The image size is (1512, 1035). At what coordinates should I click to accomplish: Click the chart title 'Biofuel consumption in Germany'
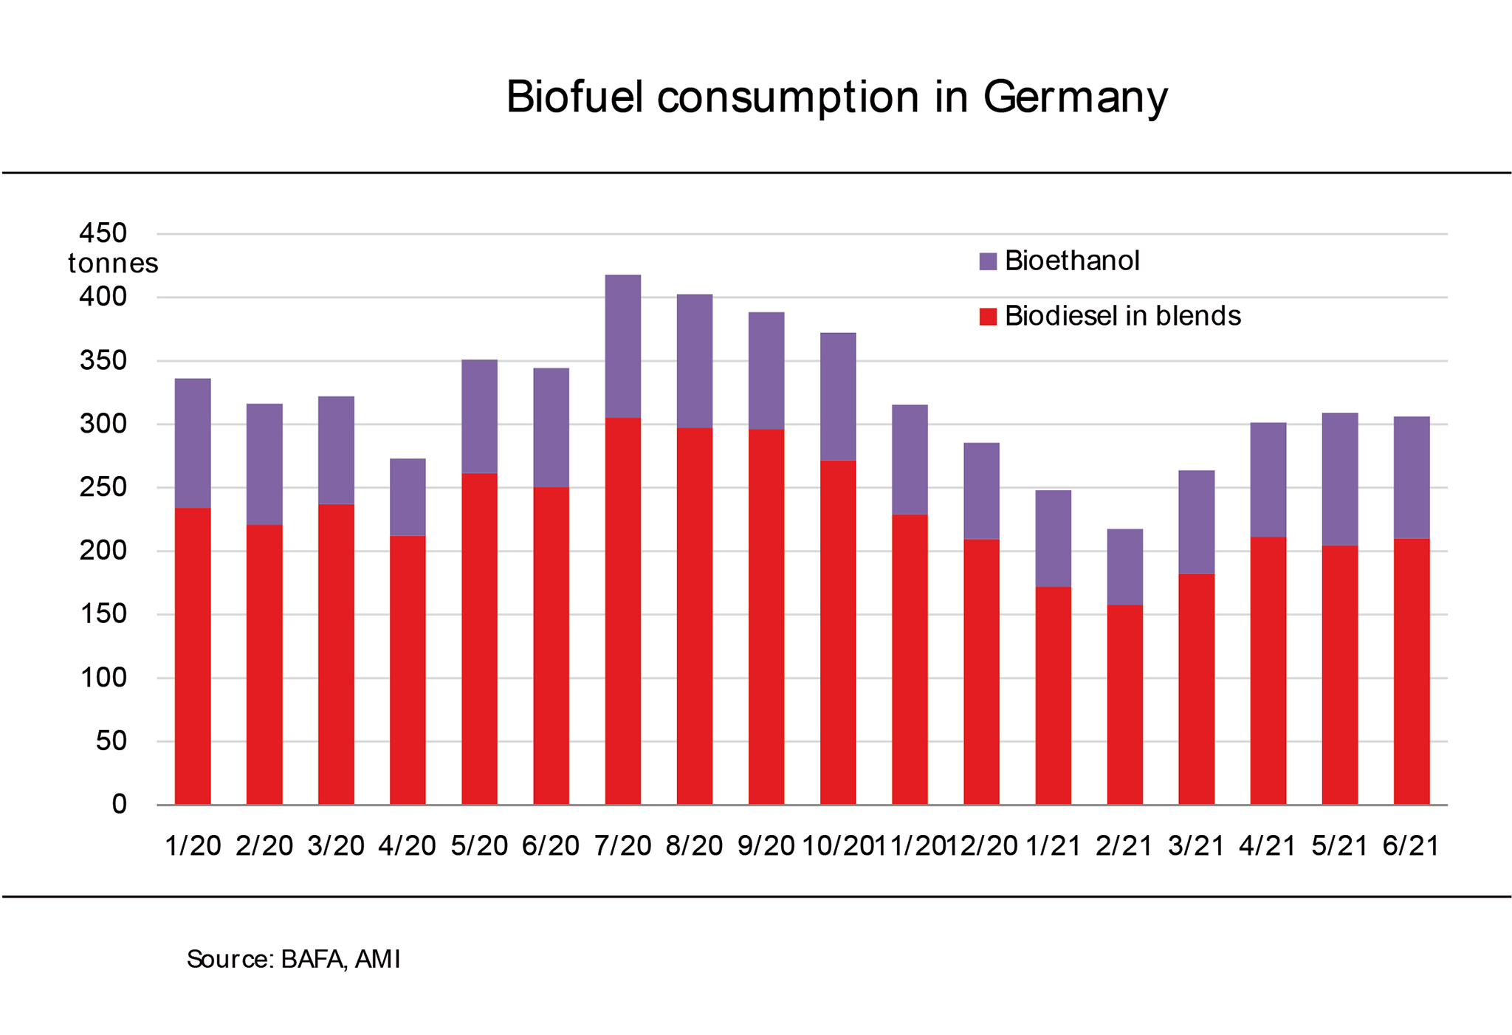pyautogui.click(x=836, y=97)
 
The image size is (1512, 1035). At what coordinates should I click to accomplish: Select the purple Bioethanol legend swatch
pyautogui.click(x=988, y=261)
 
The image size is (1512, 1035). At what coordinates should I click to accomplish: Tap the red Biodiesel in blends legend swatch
pyautogui.click(x=988, y=317)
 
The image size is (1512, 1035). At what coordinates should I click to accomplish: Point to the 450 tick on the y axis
pyautogui.click(x=103, y=233)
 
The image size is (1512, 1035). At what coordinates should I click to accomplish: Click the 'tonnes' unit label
pyautogui.click(x=113, y=264)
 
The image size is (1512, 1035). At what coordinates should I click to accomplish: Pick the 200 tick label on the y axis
pyautogui.click(x=103, y=551)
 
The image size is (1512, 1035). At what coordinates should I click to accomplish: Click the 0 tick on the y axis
pyautogui.click(x=119, y=805)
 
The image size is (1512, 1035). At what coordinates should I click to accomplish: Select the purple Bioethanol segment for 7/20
pyautogui.click(x=623, y=346)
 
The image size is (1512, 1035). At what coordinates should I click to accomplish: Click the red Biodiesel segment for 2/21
pyautogui.click(x=1124, y=705)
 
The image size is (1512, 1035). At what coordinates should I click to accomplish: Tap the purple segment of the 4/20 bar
pyautogui.click(x=408, y=498)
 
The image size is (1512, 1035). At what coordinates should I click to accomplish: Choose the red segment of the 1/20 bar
pyautogui.click(x=193, y=656)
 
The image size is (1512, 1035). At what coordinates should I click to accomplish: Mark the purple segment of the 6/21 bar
pyautogui.click(x=1411, y=478)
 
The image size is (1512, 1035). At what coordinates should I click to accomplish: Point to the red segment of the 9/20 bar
pyautogui.click(x=766, y=617)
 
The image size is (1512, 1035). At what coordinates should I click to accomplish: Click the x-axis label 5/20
pyautogui.click(x=479, y=846)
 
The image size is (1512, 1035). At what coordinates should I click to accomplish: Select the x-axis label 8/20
pyautogui.click(x=694, y=846)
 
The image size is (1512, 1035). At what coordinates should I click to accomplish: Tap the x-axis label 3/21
pyautogui.click(x=1196, y=846)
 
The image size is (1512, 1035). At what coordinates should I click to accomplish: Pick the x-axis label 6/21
pyautogui.click(x=1411, y=846)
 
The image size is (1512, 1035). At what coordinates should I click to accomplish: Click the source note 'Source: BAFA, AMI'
pyautogui.click(x=293, y=960)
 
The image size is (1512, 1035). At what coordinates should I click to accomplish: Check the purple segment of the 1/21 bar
pyautogui.click(x=1053, y=539)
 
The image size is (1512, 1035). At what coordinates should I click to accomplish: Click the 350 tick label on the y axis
pyautogui.click(x=103, y=361)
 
